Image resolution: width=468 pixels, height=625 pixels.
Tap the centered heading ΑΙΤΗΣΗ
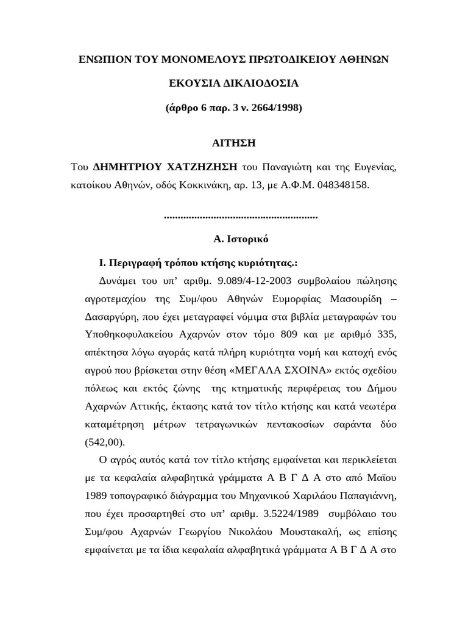pyautogui.click(x=233, y=143)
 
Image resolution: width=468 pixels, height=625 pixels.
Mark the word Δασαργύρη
pyautogui.click(x=115, y=317)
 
